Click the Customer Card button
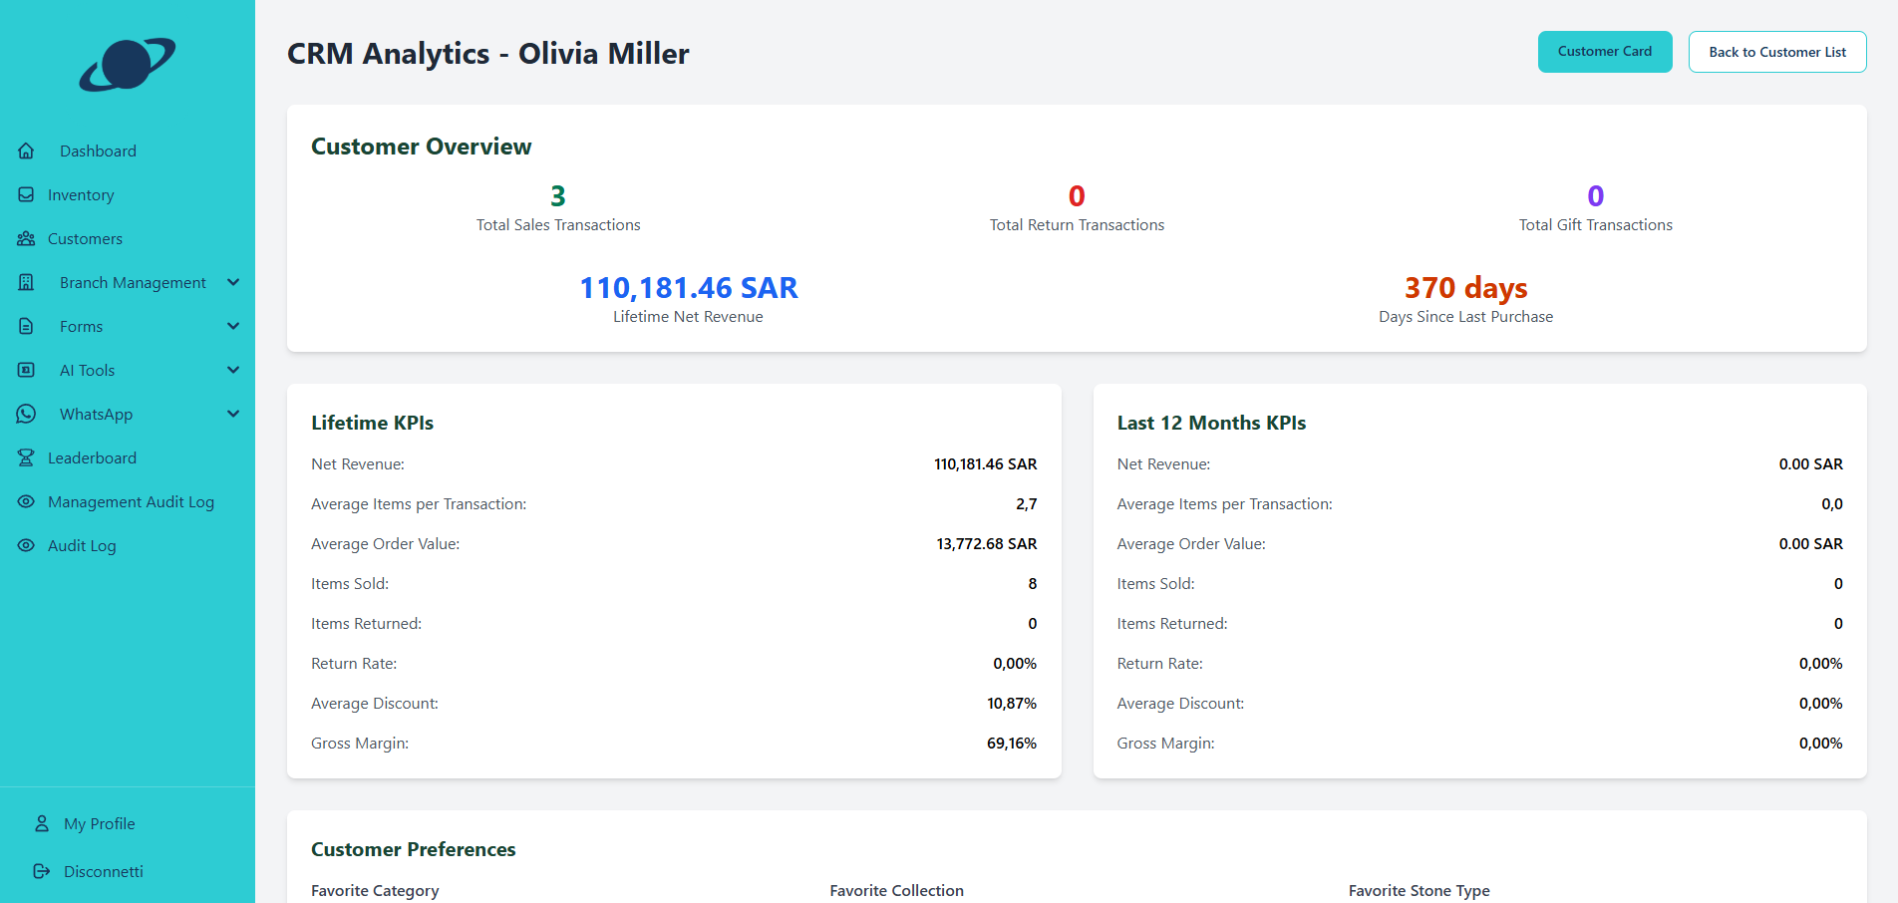click(x=1604, y=52)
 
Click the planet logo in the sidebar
click(x=128, y=65)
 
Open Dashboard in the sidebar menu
click(x=98, y=151)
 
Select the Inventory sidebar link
click(x=81, y=195)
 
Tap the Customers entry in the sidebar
click(x=85, y=239)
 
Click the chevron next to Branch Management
click(x=233, y=283)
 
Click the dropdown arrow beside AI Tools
click(x=233, y=371)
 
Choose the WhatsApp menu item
click(x=96, y=415)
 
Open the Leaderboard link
click(x=92, y=458)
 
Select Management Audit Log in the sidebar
click(x=131, y=502)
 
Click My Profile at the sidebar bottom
click(x=99, y=824)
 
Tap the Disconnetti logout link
click(x=103, y=872)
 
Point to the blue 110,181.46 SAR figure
click(x=688, y=288)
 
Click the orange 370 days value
click(x=1465, y=288)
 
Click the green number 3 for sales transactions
click(x=558, y=196)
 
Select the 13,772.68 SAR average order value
click(x=986, y=544)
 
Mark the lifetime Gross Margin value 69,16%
click(x=1011, y=744)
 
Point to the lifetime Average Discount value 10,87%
click(x=1011, y=704)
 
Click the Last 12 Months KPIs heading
click(x=1210, y=423)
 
